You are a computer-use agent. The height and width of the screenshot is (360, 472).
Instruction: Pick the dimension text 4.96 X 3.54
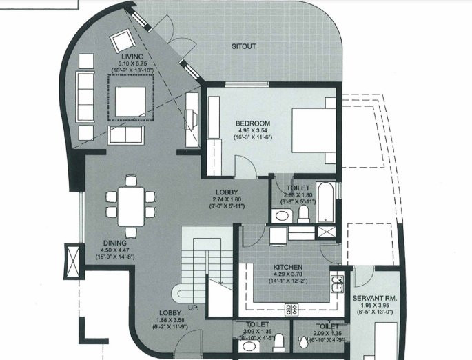point(252,131)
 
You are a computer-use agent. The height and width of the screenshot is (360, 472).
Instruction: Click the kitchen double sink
point(338,284)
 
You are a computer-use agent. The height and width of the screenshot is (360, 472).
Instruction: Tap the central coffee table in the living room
point(129,101)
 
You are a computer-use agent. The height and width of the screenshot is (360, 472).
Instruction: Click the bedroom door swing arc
point(243,164)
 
